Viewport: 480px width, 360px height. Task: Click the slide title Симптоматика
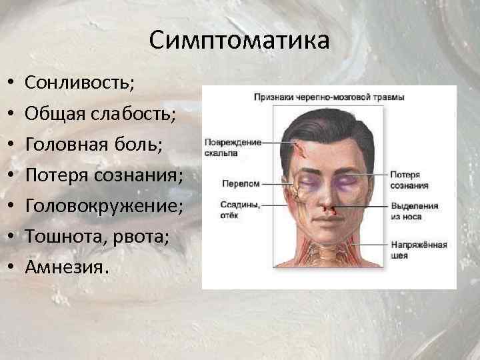click(x=239, y=41)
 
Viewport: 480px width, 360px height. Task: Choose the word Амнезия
click(x=66, y=267)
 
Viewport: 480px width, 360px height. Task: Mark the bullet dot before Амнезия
click(x=11, y=267)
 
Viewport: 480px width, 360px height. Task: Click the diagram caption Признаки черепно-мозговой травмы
click(x=329, y=97)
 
